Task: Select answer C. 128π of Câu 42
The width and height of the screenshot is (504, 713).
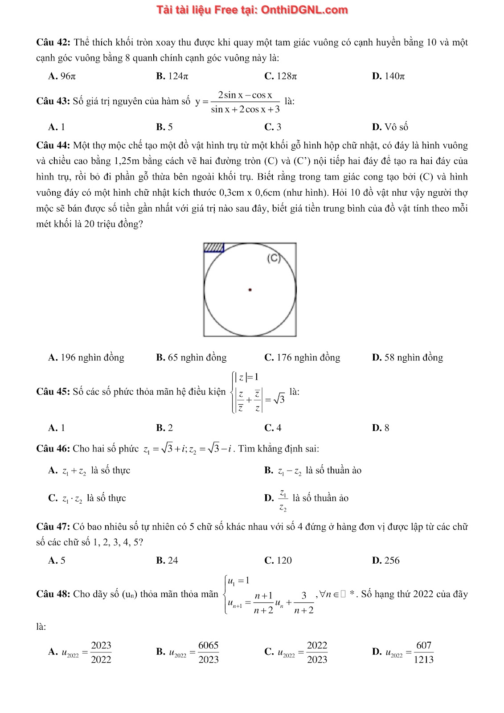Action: coord(280,76)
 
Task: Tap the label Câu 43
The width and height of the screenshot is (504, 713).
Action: coord(53,101)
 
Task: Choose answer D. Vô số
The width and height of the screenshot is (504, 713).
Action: coord(390,127)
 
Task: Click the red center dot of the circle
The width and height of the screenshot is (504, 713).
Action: coord(250,290)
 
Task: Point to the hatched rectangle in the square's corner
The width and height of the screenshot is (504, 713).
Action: coord(214,247)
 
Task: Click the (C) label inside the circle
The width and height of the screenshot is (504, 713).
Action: coord(274,258)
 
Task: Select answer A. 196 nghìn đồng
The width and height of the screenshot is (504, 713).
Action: coord(86,357)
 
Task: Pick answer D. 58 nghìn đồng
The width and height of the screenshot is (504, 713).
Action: coord(407,357)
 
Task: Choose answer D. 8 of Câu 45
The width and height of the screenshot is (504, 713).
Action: coord(381,428)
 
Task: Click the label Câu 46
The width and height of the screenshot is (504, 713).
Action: coord(53,448)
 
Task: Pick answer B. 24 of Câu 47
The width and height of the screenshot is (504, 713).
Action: coord(167,560)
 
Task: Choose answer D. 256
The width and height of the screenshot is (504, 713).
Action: coord(386,560)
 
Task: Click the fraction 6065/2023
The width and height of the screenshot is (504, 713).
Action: coord(208,652)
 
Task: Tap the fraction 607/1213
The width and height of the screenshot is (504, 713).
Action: coord(423,652)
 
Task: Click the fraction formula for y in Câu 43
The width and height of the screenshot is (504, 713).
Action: coord(245,102)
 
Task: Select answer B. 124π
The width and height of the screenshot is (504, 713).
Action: coord(172,76)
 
